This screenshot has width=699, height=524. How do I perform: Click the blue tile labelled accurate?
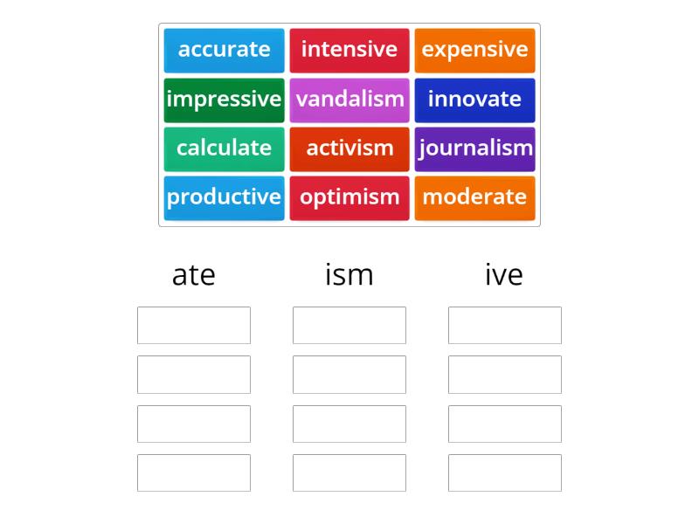pos(224,50)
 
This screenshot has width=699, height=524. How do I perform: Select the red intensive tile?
pos(349,50)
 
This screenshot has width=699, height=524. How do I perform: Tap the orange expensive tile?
pos(474,50)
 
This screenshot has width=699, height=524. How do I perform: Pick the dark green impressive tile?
pos(224,100)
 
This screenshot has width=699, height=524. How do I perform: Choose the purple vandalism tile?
pos(349,100)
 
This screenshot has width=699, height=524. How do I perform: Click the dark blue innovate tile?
pos(474,100)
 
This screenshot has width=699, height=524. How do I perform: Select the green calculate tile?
pos(224,148)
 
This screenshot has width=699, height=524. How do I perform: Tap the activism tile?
pos(349,148)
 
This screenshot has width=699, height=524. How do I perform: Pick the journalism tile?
pos(474,148)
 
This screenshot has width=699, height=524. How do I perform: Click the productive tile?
pos(224,197)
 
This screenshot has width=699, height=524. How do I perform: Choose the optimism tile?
pos(349,197)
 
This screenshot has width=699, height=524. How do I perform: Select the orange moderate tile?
pos(474,197)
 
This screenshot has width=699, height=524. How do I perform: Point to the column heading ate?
pos(194,275)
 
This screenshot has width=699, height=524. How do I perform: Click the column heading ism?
pos(349,275)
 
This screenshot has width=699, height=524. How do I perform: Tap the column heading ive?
pos(504,275)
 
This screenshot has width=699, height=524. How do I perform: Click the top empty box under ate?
pos(194,325)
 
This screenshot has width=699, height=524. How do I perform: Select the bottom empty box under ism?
pos(349,472)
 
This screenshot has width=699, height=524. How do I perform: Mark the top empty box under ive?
pos(504,325)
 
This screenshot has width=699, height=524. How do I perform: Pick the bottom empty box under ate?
pos(194,472)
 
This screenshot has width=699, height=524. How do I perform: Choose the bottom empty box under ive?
pos(504,472)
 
